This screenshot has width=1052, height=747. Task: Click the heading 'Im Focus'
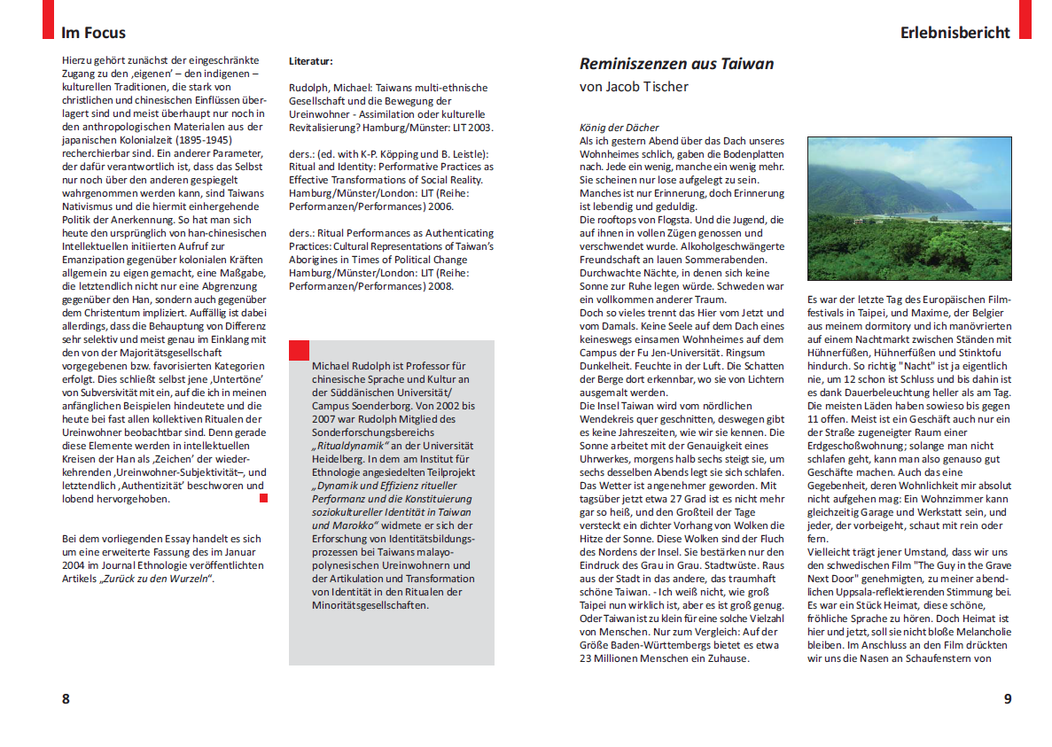(93, 33)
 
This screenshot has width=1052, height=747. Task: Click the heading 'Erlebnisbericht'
(955, 33)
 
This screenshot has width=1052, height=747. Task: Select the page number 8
(66, 698)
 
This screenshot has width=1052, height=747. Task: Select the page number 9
(1007, 698)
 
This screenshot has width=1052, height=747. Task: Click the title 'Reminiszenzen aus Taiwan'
(676, 64)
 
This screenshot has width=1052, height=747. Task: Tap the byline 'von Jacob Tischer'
(634, 87)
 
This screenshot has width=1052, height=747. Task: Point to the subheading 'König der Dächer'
(619, 128)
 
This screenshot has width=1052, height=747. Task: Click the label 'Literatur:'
(310, 62)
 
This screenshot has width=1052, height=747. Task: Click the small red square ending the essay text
(263, 499)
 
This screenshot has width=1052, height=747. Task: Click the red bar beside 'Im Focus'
(49, 19)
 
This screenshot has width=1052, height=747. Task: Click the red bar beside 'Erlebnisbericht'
(1025, 19)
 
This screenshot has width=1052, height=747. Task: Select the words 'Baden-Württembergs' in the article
(661, 645)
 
